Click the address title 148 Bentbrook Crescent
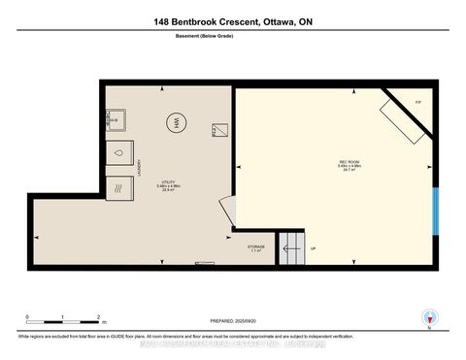tap(232, 22)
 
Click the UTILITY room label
tap(168, 185)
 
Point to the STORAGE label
tap(256, 247)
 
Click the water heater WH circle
tap(176, 123)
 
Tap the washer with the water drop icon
tap(119, 153)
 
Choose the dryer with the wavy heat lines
tap(119, 185)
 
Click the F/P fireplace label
tap(417, 102)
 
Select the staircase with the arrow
tap(291, 248)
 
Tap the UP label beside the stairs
tap(313, 248)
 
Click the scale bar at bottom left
tap(64, 316)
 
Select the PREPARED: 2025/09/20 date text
tap(232, 322)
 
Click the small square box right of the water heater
tap(218, 129)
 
